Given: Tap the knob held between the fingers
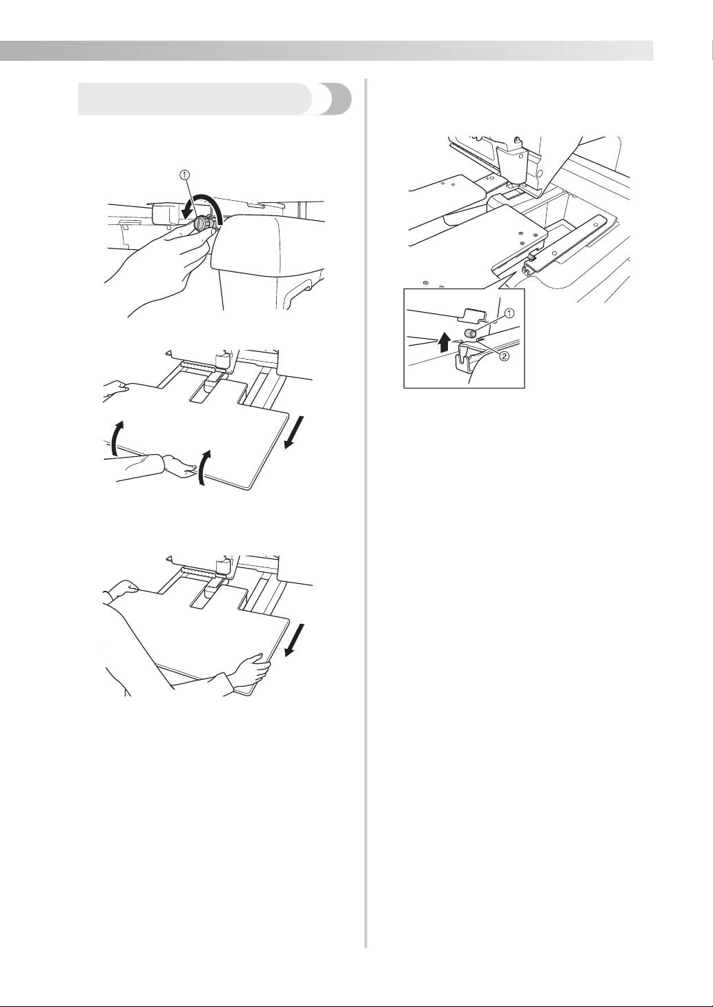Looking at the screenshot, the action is point(202,224).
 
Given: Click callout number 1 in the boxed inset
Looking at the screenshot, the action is point(509,313).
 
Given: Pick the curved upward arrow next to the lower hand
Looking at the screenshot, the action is point(203,468).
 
